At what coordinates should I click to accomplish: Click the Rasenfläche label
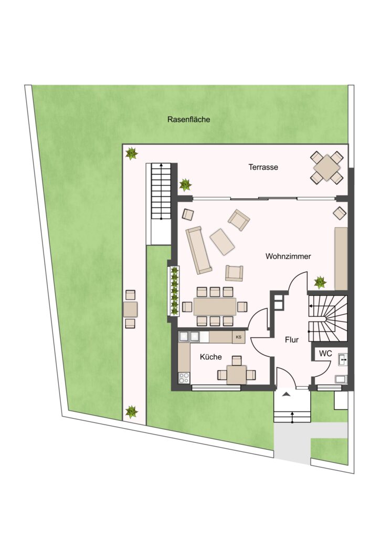tap(188, 119)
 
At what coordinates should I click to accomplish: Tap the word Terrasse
tap(263, 167)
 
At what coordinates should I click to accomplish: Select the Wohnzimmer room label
tap(288, 256)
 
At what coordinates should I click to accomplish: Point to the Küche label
tap(210, 357)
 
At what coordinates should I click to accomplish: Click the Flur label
tap(292, 340)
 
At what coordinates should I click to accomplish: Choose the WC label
tap(325, 354)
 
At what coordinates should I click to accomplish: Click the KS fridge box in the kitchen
tap(238, 337)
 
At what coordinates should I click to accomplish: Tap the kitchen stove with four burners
tap(184, 378)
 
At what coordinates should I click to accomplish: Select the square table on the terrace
tap(327, 167)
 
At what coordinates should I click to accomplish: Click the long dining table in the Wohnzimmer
tap(215, 306)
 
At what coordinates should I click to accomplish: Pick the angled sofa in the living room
tap(199, 250)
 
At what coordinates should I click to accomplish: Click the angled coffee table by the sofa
tap(223, 242)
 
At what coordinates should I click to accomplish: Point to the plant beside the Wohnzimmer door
tap(320, 282)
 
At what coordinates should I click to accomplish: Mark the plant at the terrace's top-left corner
tap(131, 153)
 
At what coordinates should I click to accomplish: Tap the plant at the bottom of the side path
tap(131, 411)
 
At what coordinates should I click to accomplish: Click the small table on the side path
tap(130, 309)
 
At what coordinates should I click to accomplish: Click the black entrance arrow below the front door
tap(287, 395)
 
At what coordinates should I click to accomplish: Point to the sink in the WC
tap(343, 359)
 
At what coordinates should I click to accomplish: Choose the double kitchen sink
tap(189, 337)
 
